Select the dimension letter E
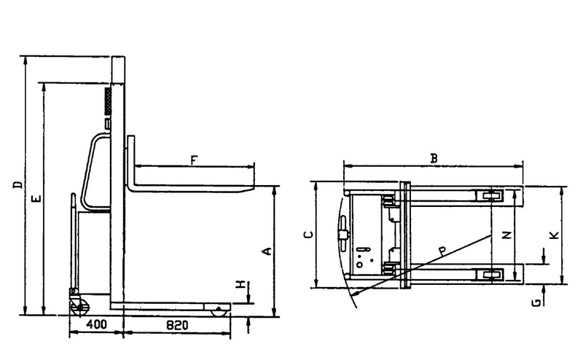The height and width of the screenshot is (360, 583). [36, 199]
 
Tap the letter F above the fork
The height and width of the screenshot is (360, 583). [194, 160]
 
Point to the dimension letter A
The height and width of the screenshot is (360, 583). [267, 251]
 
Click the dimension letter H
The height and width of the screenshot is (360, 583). [242, 284]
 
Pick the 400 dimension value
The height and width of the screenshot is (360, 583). [96, 324]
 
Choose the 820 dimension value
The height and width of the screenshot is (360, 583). [177, 326]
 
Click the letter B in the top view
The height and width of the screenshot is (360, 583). [434, 158]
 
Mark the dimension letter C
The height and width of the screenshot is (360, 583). [308, 235]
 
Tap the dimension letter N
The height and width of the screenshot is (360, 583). [506, 235]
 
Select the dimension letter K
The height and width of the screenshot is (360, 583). [554, 235]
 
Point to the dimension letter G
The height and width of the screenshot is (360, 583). [536, 303]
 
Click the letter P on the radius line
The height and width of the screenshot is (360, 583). [442, 251]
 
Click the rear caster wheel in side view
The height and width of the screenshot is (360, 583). [80, 306]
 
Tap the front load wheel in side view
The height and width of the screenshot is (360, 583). [219, 312]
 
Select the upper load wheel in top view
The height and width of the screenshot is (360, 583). [491, 195]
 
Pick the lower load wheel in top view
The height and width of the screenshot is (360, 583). [491, 275]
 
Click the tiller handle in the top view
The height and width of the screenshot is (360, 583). [343, 235]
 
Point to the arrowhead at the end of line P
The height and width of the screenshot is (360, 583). [355, 293]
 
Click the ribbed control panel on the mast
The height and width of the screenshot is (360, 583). [108, 101]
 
